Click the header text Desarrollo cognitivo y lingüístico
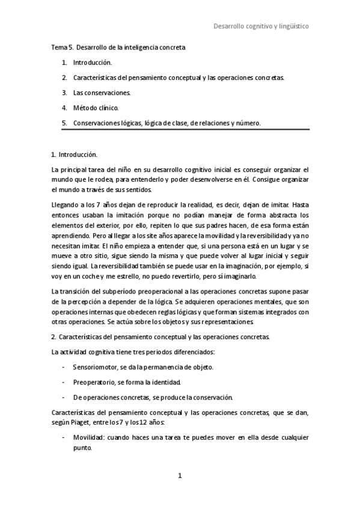point(261,26)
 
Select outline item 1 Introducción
point(92,62)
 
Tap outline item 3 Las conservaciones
point(102,93)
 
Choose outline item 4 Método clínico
point(96,108)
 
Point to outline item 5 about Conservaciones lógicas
point(167,123)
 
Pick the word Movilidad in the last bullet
point(87,438)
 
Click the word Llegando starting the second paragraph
point(65,204)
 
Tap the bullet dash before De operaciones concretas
point(64,398)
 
